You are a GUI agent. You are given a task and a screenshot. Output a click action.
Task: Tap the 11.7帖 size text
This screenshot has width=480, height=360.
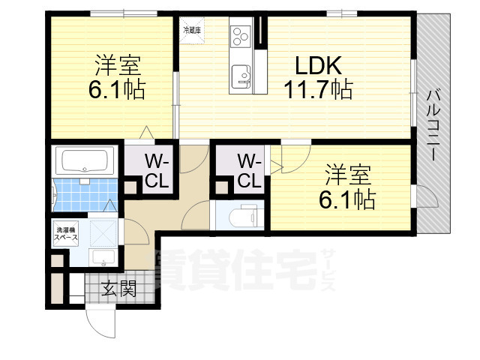tap(318, 91)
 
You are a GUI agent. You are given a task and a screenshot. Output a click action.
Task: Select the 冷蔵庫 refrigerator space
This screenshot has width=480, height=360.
tap(192, 31)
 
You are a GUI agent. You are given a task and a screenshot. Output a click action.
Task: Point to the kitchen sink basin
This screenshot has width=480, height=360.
tap(241, 75)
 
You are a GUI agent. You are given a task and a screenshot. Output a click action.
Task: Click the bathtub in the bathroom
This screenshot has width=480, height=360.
tap(85, 160)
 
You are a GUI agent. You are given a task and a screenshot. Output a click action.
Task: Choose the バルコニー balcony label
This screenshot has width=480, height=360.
tap(433, 124)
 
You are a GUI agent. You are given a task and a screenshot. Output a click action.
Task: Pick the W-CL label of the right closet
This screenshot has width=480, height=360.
tap(250, 171)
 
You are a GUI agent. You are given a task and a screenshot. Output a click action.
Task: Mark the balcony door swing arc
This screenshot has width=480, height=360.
tap(428, 197)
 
